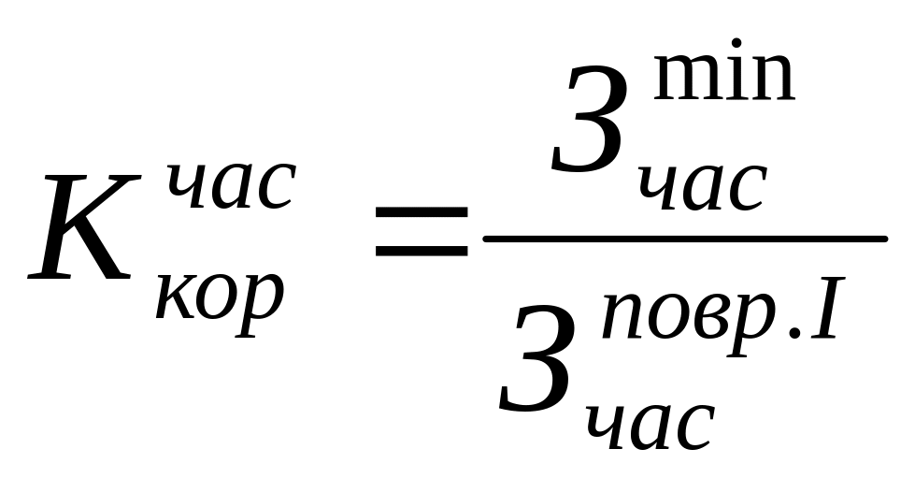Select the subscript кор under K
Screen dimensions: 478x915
coord(219,298)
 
